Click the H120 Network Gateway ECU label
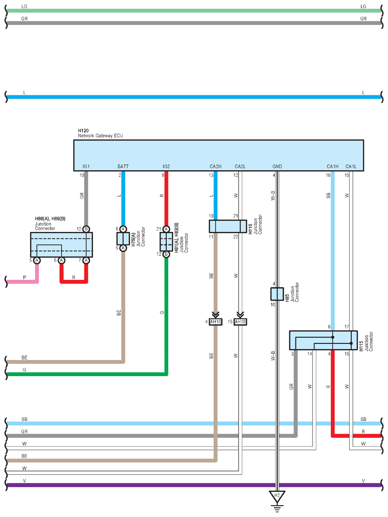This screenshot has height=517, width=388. click(100, 133)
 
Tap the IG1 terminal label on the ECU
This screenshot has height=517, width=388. click(86, 166)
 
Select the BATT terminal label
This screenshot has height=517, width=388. click(123, 166)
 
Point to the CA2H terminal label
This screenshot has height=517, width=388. click(216, 166)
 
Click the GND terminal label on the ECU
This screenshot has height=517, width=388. click(277, 166)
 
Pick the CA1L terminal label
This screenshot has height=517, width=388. click(351, 166)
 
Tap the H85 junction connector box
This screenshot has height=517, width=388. click(277, 294)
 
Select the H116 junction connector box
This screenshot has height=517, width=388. click(228, 227)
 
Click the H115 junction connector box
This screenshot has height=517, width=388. click(323, 340)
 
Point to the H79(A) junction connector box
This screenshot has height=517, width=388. click(123, 239)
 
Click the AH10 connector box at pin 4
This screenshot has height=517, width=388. click(216, 322)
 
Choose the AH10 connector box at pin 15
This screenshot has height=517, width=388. click(240, 322)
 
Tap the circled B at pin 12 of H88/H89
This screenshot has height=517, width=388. click(86, 229)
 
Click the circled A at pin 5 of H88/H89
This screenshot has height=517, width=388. click(37, 260)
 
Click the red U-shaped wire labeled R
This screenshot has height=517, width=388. click(74, 282)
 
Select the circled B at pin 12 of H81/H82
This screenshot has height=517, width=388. click(166, 254)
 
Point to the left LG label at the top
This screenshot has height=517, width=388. click(24, 6)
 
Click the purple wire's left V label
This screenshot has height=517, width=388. click(24, 481)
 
